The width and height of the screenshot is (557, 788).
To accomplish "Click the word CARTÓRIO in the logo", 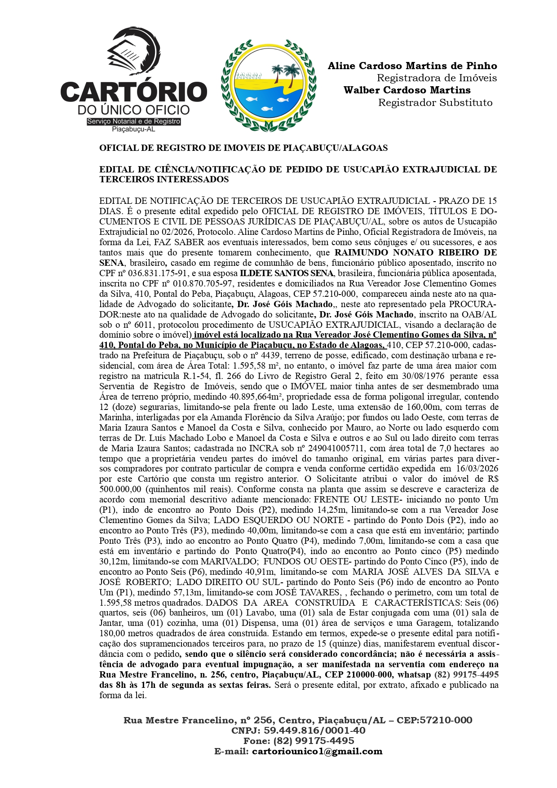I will click(x=133, y=92).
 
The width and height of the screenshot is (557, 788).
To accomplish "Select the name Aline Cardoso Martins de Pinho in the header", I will click(x=412, y=66).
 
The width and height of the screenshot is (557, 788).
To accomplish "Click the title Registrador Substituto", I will click(x=435, y=102).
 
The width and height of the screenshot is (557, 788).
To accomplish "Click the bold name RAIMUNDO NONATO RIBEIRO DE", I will click(x=416, y=252).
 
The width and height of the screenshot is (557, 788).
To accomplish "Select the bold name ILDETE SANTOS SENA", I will click(x=287, y=273).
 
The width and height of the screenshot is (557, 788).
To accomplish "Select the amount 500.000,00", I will click(x=120, y=489).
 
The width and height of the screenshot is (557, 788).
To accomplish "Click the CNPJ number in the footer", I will click(x=314, y=731).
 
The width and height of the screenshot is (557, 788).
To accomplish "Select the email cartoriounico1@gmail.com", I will click(x=317, y=752).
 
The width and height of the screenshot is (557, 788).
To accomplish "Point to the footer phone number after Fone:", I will click(x=314, y=741).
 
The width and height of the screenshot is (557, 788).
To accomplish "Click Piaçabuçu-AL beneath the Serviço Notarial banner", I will click(x=133, y=129).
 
